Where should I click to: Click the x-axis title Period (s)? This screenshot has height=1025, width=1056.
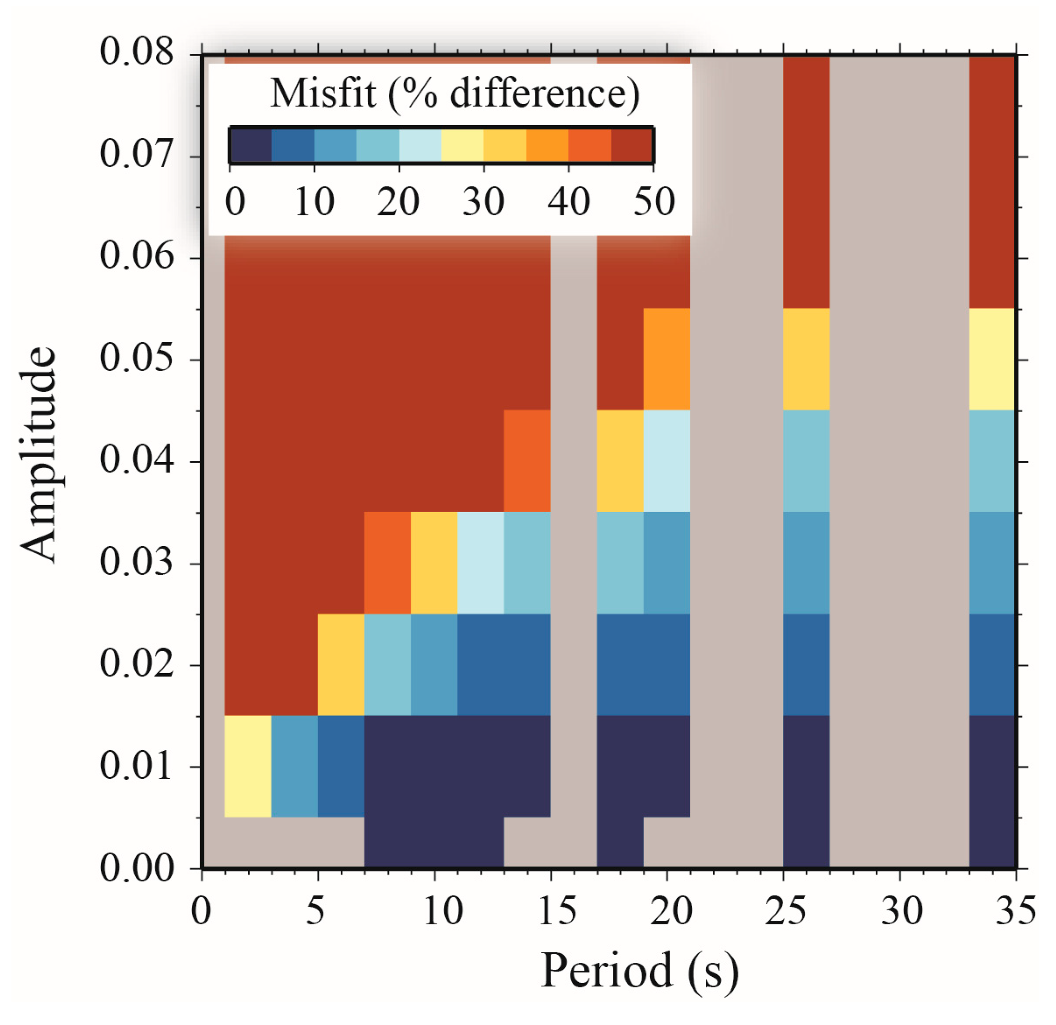point(639,970)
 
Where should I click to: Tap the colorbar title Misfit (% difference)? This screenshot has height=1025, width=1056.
point(454,94)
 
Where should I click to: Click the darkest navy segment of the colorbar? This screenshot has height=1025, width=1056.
point(250,145)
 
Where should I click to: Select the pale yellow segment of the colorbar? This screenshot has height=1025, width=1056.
point(462,145)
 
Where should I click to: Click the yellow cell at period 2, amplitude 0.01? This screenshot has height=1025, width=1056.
point(248,766)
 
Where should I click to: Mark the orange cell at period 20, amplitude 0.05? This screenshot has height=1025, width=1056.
point(666,359)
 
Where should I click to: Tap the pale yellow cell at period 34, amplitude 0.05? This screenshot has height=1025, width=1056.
point(991,359)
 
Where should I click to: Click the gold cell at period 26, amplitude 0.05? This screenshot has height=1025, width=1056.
point(806,359)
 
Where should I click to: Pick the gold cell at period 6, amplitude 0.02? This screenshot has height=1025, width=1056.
point(341,665)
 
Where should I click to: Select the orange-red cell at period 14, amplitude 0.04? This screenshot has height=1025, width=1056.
point(527,461)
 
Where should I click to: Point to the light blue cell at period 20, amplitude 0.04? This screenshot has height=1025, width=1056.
point(666,461)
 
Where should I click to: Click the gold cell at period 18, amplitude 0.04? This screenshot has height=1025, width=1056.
point(620,461)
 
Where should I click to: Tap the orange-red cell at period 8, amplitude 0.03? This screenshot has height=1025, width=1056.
point(387,563)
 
